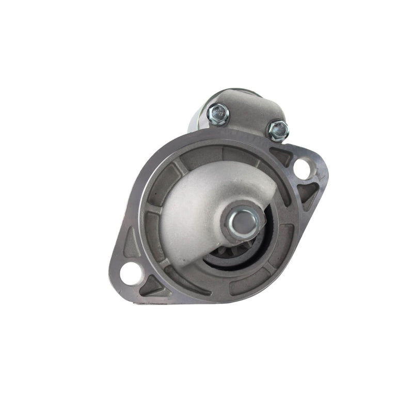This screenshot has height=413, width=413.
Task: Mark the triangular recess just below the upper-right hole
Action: point(307,193)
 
